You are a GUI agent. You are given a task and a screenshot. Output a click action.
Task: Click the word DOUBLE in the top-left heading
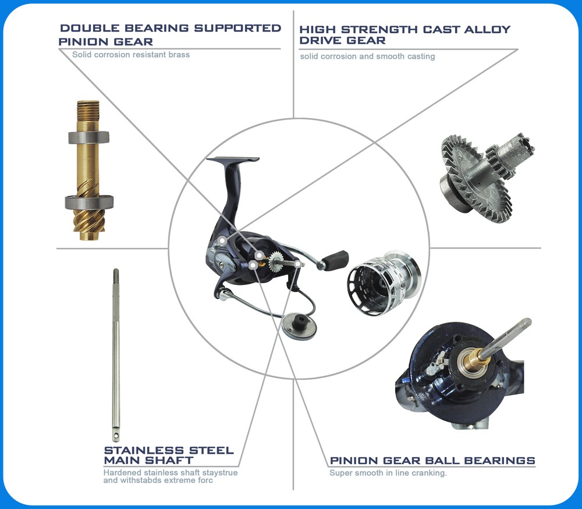[90, 28]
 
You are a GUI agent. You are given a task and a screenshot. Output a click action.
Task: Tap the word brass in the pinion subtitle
[179, 55]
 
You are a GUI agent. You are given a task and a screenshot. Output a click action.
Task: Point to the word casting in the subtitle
[421, 56]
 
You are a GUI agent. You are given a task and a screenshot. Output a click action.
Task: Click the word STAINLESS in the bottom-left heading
[144, 450]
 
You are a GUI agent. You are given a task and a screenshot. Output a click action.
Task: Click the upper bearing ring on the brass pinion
[88, 138]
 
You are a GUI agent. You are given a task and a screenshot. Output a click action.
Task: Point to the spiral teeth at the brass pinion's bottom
[89, 225]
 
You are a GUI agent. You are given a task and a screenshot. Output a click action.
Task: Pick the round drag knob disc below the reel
[299, 326]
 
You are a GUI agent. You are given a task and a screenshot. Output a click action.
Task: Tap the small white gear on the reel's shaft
[276, 261]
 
